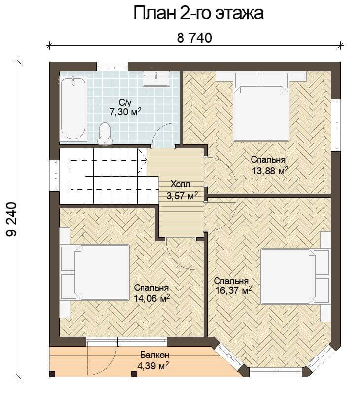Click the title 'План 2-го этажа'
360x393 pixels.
198,13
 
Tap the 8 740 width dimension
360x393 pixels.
194,38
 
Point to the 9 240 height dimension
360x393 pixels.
11,219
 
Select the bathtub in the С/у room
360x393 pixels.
73,108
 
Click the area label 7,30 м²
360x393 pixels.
125,112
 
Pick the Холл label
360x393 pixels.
180,184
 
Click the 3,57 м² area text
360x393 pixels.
182,196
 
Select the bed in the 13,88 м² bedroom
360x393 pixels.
261,107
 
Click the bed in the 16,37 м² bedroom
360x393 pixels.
295,276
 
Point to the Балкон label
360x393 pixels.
155,355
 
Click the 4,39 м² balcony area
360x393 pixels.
153,366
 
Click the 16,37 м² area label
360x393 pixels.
234,291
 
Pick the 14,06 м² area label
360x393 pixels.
152,298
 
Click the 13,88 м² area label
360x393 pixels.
270,171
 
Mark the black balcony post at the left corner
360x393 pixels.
52,374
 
